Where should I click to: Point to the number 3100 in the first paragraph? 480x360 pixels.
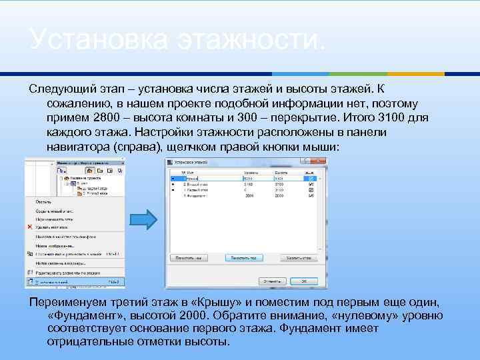point(395,117)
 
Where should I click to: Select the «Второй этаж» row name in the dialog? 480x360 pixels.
point(194,185)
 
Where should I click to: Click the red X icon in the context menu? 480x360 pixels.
point(30,227)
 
